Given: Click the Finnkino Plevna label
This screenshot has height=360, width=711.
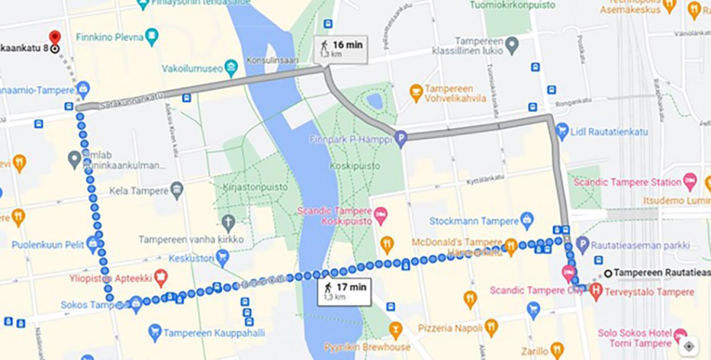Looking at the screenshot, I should point(109,37).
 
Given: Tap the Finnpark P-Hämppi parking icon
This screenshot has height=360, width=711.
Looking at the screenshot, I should point(401,139).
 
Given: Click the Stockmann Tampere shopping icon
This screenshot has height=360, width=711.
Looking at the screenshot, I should point(527,220).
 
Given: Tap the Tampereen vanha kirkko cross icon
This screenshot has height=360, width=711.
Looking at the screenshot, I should point(228,223).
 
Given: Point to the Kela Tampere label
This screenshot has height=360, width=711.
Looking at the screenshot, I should point(139,190).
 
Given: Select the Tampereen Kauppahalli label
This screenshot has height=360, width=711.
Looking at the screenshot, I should point(214,333).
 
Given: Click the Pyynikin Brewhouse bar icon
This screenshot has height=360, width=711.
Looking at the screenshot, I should point(396,329).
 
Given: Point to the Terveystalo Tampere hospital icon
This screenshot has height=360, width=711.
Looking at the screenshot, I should point(596,290).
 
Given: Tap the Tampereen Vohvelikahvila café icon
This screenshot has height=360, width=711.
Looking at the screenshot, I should point(416,92).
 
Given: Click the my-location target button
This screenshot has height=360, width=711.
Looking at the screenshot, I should point(689,346).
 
